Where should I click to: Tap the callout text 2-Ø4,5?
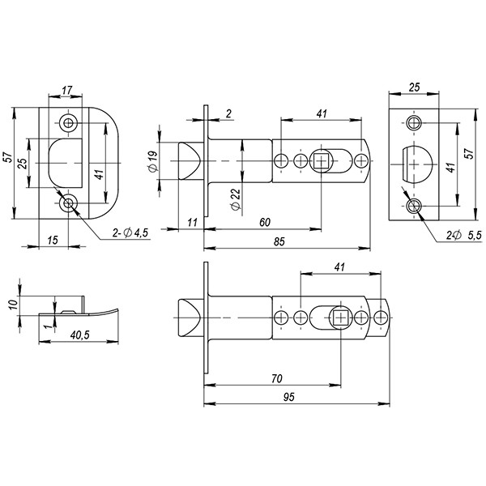click(131, 233)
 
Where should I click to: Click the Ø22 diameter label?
click(234, 198)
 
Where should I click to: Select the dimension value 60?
click(264, 222)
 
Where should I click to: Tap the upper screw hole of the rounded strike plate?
click(68, 123)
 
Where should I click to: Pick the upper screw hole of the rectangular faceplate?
click(415, 123)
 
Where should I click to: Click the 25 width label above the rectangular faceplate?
click(415, 87)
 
